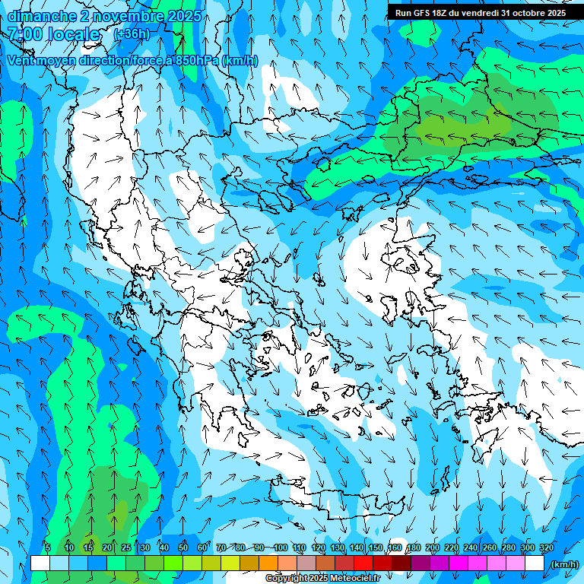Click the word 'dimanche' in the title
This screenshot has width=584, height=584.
[40, 16]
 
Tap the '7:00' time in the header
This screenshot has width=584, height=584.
[24, 34]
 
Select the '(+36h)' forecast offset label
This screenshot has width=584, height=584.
[132, 34]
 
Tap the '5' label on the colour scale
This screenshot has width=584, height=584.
[47, 547]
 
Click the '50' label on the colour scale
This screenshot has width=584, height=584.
[183, 547]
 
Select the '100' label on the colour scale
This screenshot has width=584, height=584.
[281, 547]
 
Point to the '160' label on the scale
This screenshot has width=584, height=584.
[395, 547]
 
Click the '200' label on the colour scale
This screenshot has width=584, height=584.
[433, 547]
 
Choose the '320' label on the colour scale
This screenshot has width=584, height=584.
[547, 547]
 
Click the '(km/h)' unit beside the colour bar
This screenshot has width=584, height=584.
[564, 564]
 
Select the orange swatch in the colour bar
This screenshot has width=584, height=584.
[268, 563]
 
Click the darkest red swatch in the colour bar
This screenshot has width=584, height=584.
[401, 563]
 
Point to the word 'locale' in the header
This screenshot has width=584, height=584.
[73, 34]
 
